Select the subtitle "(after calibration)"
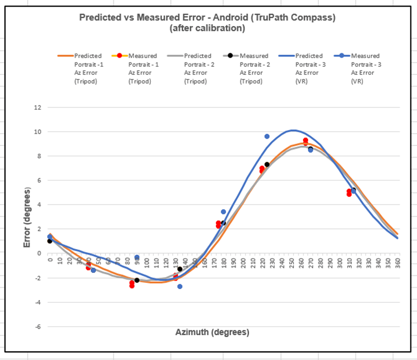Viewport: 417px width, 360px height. point(207,28)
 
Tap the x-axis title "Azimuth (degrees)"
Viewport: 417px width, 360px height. point(212,333)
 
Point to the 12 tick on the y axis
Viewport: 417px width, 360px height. point(36,107)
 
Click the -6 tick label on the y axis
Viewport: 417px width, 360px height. point(36,327)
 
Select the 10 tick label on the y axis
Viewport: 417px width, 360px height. point(36,132)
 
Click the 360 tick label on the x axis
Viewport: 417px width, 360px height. point(398,263)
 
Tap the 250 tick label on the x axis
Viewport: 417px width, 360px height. point(292,263)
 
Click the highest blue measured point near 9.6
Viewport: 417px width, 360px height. point(267,137)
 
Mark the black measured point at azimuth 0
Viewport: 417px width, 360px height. point(50,241)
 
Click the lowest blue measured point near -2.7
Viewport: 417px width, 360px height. point(180,287)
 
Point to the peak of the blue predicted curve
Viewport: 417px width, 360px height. point(293,130)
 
